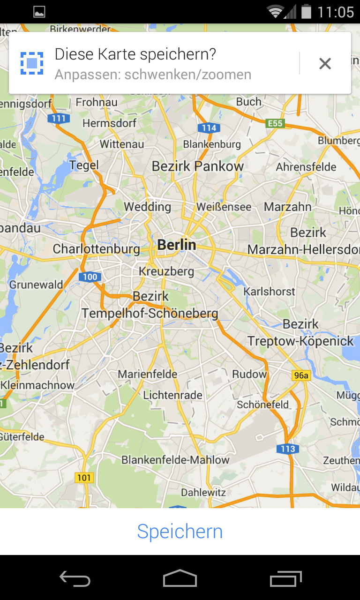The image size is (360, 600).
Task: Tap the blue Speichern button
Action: point(180,532)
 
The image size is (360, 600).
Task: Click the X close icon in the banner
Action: point(325,63)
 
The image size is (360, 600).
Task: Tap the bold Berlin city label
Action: point(177,245)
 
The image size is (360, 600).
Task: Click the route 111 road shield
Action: point(59,119)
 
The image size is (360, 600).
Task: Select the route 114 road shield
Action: point(209,127)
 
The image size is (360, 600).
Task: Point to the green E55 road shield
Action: point(275,123)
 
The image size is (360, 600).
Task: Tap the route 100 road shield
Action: point(90,277)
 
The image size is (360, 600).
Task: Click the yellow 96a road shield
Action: point(301,375)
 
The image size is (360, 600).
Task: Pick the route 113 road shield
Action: point(287,449)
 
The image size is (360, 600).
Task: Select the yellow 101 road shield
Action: point(84,478)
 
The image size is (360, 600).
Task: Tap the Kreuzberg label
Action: point(166,271)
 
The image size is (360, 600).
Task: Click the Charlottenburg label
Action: point(96,249)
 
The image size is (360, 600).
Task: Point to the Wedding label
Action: point(147,207)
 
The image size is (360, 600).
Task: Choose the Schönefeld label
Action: point(263,405)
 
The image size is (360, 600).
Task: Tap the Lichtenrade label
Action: point(173,395)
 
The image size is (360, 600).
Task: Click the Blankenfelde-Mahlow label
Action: point(175,460)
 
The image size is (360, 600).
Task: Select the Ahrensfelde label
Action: point(306,167)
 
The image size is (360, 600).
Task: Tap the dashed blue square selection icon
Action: point(32,63)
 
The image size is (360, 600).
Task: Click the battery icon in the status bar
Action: point(306,11)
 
